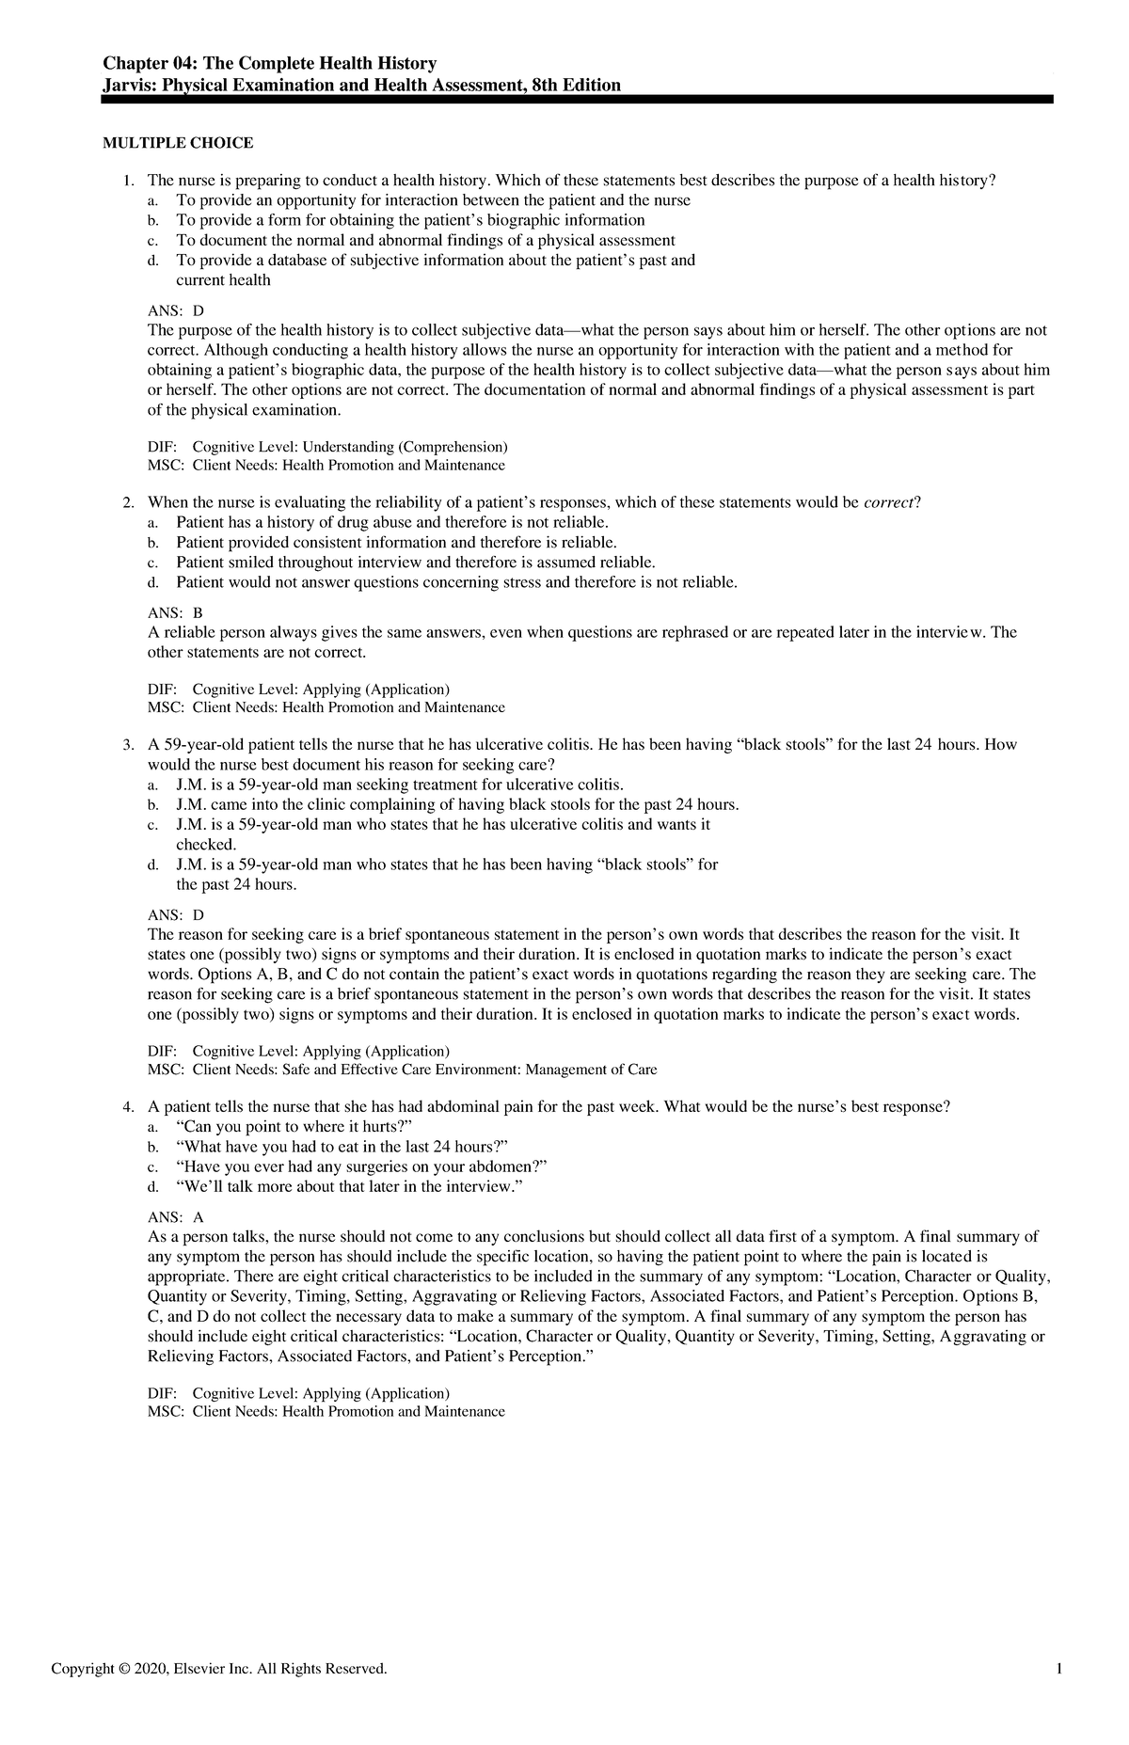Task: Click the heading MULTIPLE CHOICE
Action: click(x=178, y=143)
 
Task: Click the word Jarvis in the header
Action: click(x=128, y=86)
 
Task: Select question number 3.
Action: click(x=129, y=745)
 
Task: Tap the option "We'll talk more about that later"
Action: click(x=348, y=1186)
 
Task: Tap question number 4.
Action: click(x=129, y=1107)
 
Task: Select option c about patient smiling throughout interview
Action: click(x=414, y=563)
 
